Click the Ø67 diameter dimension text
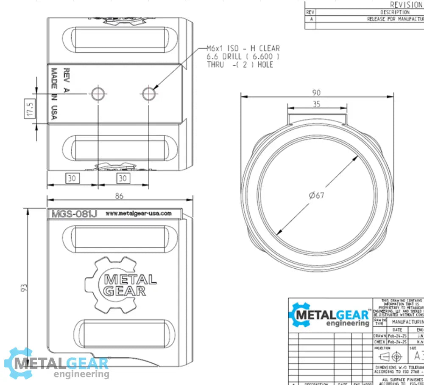[317, 195]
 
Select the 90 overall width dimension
[316, 93]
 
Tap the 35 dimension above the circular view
[316, 104]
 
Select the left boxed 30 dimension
[72, 178]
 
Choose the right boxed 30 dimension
[123, 178]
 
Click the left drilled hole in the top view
[98, 93]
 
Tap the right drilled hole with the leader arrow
[149, 93]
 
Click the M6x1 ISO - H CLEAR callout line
[243, 49]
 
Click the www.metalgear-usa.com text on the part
[138, 214]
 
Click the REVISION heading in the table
[406, 5]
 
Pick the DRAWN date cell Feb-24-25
[397, 335]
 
